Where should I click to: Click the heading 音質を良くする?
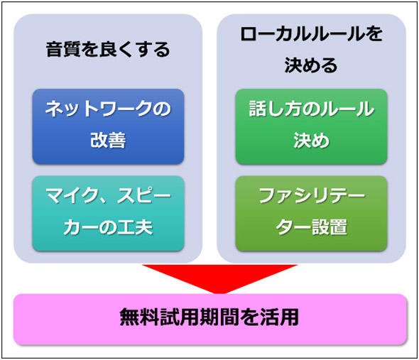[108, 50]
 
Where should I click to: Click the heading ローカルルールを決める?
[311, 50]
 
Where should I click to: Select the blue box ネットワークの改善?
[108, 126]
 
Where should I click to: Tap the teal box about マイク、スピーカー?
[108, 214]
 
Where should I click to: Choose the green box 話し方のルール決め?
[311, 126]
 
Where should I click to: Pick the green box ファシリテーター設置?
[311, 214]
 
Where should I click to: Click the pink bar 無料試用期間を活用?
[210, 320]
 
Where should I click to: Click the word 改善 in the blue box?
[108, 141]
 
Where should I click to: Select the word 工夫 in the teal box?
[135, 227]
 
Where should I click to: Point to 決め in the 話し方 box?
[311, 141]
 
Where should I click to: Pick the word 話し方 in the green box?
[276, 109]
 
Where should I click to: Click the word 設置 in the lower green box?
[330, 227]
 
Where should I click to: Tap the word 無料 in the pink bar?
[138, 317]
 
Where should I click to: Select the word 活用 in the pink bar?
[281, 317]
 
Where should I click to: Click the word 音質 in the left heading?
[64, 50]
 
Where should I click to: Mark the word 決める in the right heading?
[311, 65]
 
